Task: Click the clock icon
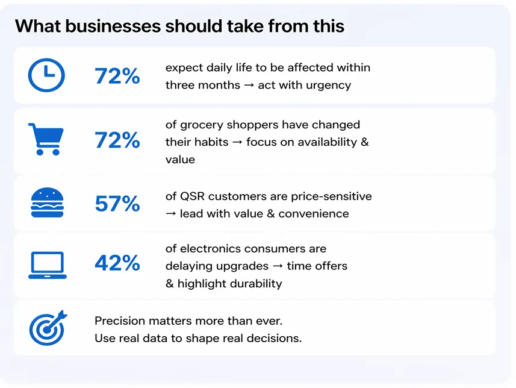coord(46,75)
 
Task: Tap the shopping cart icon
coord(45,139)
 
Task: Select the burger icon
coord(46,203)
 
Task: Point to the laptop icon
coord(46,264)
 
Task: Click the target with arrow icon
coord(47,327)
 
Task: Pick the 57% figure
coord(117,204)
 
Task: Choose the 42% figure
coord(117,263)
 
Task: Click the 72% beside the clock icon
coord(117,76)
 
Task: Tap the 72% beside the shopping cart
coord(117,140)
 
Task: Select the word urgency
coord(329,85)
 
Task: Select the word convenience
coord(314,213)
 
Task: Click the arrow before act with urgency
coord(249,85)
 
